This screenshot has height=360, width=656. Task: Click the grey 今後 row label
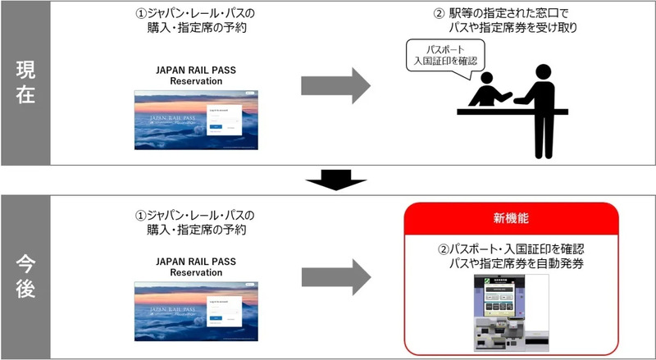pos(25,277)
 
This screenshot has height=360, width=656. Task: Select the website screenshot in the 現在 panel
pos(195,119)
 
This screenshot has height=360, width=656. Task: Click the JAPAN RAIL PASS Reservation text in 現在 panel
pos(196,75)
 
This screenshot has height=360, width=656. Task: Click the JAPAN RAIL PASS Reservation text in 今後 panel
pos(196,267)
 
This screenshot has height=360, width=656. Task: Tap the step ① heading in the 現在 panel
pos(195,19)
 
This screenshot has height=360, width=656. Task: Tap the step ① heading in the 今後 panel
pos(195,222)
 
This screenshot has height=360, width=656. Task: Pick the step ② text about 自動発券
pos(515,256)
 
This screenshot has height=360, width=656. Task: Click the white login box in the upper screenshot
pos(221,118)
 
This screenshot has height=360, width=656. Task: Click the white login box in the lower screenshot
pos(221,312)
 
